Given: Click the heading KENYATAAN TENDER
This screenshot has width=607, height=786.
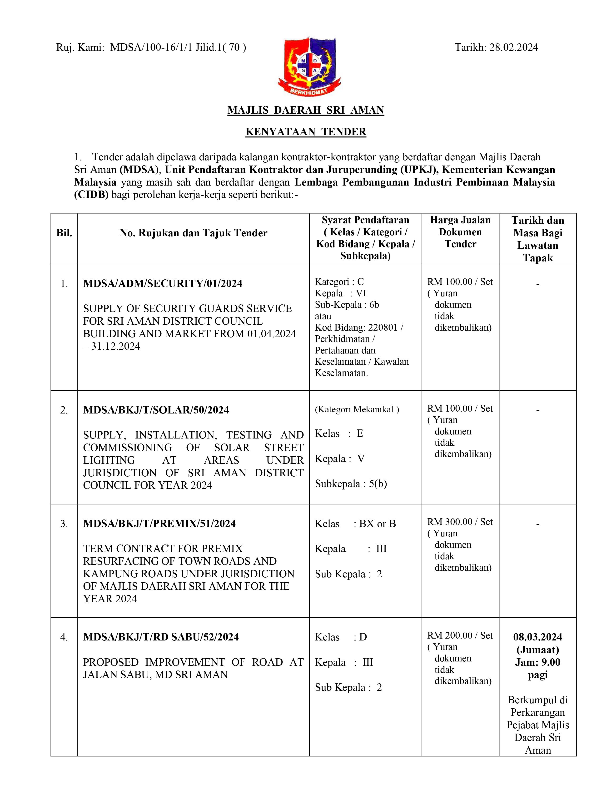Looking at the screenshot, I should [306, 132].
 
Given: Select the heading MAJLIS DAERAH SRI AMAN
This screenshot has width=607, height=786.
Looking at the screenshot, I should [306, 110].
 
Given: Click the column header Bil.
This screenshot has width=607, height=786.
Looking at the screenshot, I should [64, 233].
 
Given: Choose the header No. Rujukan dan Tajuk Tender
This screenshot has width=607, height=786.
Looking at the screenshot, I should [194, 233].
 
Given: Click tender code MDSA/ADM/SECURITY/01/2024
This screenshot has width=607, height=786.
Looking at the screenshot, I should [163, 284].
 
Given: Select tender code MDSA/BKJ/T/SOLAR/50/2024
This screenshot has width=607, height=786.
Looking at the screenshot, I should [156, 410].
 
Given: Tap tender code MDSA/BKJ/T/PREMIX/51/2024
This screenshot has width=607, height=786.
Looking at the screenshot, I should [159, 524].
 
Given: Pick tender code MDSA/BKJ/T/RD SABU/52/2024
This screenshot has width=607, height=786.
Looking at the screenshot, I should [161, 637].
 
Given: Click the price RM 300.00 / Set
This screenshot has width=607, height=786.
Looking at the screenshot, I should [460, 522].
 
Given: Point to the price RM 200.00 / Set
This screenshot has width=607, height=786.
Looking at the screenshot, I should [460, 635].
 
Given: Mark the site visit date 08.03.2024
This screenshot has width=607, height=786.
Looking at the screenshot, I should [537, 637].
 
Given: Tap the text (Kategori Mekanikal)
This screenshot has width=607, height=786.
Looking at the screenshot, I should [357, 409].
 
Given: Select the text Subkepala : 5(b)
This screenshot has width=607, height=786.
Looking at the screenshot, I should [351, 484].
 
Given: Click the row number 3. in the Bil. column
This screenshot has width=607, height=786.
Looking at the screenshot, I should [64, 524].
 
